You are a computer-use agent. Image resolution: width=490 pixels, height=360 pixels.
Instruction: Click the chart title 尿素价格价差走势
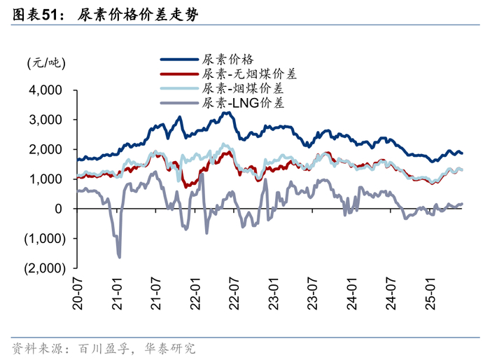click(138, 15)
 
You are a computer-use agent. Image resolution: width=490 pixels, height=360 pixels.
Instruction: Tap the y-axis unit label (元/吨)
click(46, 63)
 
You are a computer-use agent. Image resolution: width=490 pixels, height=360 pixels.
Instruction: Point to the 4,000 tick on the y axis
click(45, 90)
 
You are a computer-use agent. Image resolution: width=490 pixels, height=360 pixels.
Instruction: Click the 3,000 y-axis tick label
click(45, 120)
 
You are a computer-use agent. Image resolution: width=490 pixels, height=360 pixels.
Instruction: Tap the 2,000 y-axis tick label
click(45, 149)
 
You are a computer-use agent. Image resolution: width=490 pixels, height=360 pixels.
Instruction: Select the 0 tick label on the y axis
click(58, 209)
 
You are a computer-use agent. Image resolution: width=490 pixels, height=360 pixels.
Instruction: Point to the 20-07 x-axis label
click(77, 293)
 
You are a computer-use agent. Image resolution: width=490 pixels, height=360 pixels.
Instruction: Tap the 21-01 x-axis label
click(117, 293)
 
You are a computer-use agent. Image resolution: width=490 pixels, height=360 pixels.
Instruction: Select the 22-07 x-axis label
click(234, 293)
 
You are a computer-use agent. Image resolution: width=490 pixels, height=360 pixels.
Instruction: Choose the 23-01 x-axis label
click(274, 293)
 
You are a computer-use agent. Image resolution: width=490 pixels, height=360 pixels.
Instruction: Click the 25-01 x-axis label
click(430, 293)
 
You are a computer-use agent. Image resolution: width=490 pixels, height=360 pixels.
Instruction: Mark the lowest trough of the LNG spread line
click(120, 258)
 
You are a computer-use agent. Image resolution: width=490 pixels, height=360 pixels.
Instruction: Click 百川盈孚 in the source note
click(104, 348)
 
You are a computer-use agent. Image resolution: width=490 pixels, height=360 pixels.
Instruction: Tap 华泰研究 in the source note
click(170, 348)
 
